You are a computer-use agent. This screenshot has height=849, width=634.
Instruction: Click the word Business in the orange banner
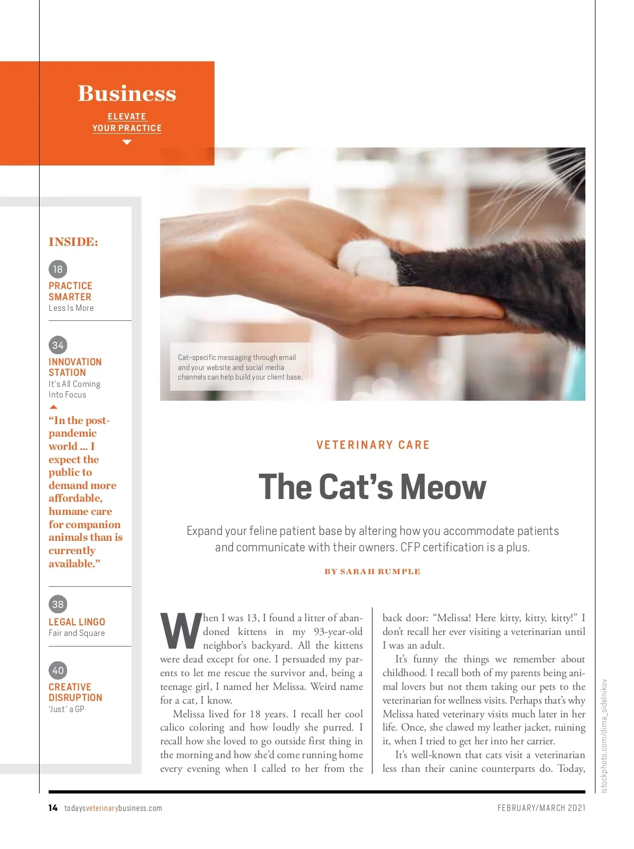pos(127,94)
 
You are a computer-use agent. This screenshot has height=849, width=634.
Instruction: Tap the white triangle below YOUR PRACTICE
pos(127,142)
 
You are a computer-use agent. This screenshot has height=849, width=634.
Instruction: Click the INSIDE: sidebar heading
pos(73,242)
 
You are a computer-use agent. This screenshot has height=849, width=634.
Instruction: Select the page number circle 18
pos(58,269)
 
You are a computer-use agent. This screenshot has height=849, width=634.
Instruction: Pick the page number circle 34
pos(58,345)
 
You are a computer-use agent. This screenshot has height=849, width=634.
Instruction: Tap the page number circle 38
pos(58,604)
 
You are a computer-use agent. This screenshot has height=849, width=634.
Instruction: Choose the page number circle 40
pos(58,670)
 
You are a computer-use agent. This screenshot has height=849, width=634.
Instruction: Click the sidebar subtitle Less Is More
pos(71,308)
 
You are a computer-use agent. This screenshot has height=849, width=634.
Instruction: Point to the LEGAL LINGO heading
pos(77,622)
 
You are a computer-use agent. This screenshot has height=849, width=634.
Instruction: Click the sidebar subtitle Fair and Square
pos(77,633)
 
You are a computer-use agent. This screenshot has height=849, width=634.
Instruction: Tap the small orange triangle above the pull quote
pos(53,407)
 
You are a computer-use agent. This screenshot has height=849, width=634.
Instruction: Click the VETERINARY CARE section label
pos(373,445)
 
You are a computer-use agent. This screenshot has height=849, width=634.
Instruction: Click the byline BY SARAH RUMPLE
pos(372,571)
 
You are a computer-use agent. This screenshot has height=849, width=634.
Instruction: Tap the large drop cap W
pos(180,631)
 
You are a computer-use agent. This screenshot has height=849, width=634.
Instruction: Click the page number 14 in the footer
pos(53,808)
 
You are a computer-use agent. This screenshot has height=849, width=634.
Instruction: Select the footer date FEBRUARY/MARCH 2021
pos(541,808)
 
